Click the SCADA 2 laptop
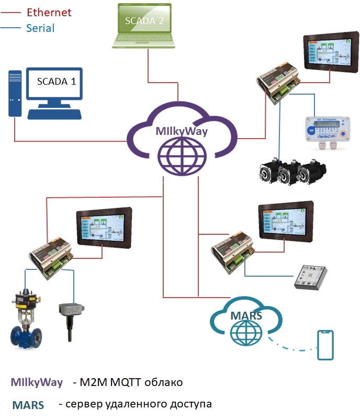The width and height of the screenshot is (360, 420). [x=144, y=26]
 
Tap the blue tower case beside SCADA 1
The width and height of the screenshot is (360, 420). [x=15, y=94]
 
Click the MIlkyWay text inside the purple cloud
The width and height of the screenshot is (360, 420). [x=182, y=131]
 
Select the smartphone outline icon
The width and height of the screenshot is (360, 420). [x=325, y=345]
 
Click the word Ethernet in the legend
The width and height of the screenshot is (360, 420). [x=49, y=12]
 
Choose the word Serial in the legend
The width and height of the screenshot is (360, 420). [x=40, y=28]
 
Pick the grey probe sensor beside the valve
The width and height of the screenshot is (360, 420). [x=67, y=319]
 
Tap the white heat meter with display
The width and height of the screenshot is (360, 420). [x=327, y=133]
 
